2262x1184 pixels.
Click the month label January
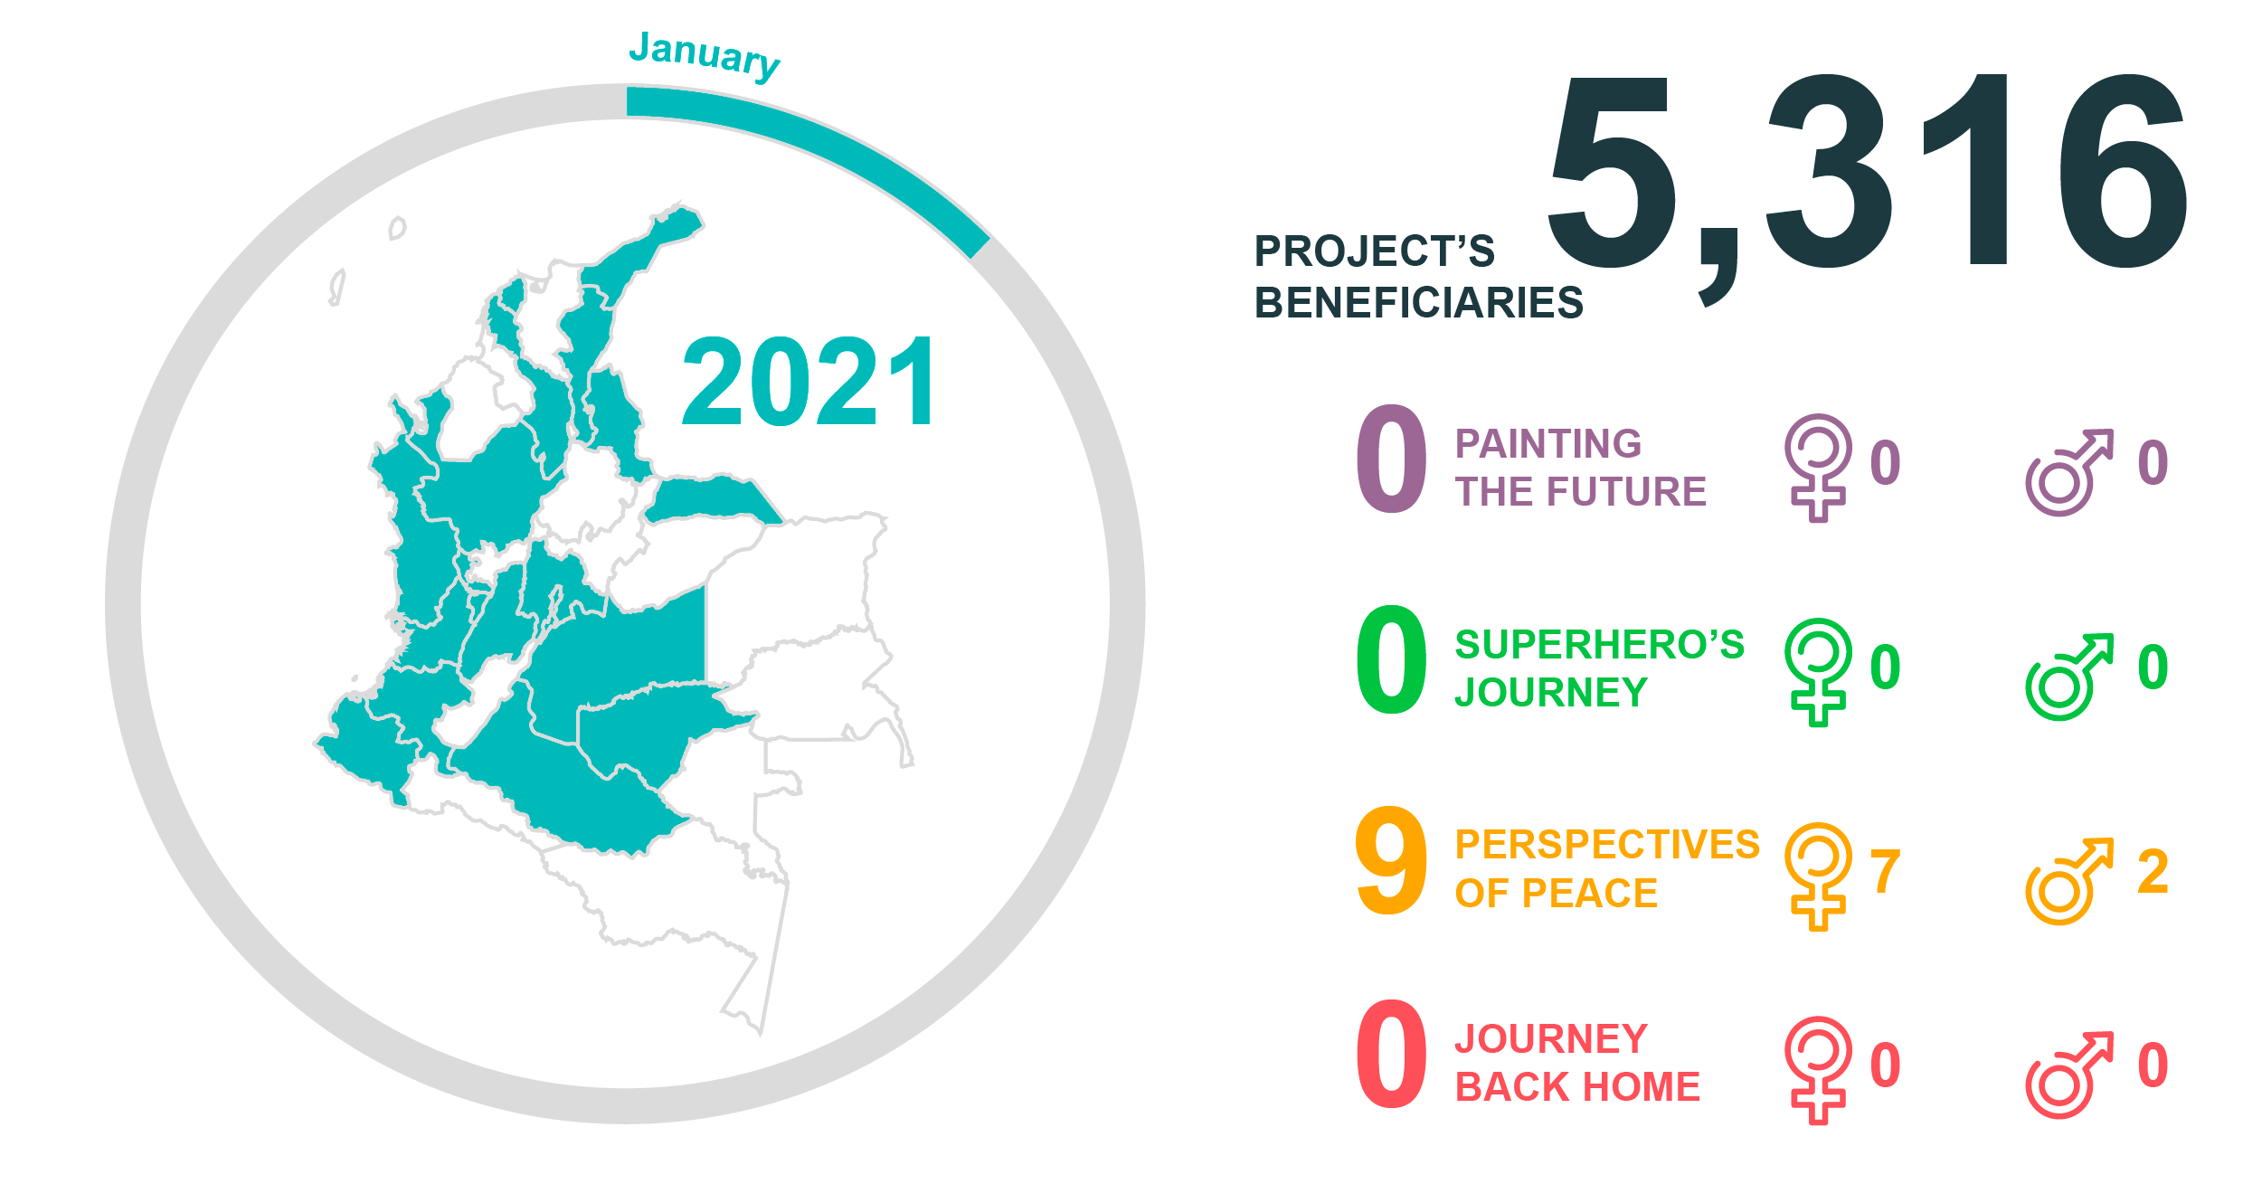705,55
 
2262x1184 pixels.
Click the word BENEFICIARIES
1418,302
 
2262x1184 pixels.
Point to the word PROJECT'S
1374,251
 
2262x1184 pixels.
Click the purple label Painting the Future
1580,468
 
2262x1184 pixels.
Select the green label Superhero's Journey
1599,668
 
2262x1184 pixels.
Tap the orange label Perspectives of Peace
1607,868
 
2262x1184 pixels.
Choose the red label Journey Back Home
1577,1063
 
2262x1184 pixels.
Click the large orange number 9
1391,860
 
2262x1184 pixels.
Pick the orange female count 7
1885,871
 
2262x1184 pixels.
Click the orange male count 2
2153,871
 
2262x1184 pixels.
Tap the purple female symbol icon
1818,468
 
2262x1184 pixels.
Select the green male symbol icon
2069,677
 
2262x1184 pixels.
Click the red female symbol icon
1818,1070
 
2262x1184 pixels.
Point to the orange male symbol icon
2069,881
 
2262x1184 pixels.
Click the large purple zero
1391,459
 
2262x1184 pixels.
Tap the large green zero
1391,659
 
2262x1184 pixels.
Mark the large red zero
1391,1054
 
